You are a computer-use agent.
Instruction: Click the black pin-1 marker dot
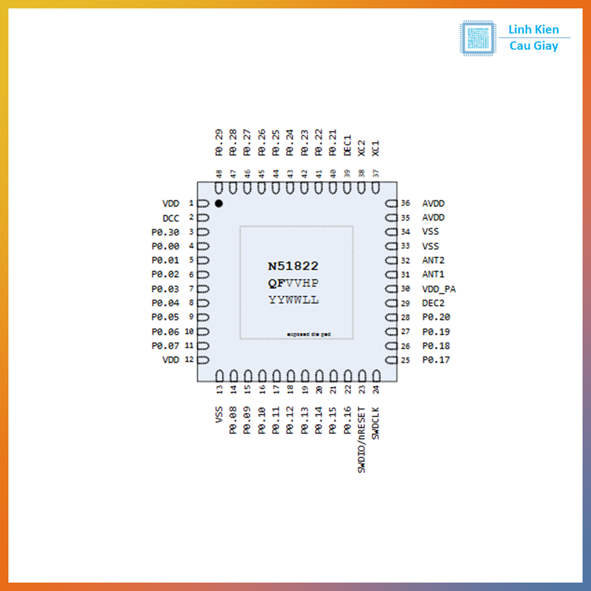coord(219,203)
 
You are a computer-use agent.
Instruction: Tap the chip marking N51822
coord(293,266)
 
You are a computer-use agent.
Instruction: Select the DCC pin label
coord(171,218)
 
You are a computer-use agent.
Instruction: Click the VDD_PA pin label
coord(439,289)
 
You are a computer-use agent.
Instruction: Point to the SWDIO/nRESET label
coord(362,440)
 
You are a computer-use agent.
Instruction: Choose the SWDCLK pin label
coord(376,423)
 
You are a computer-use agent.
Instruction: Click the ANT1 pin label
coord(433,275)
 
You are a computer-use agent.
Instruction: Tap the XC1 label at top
coord(376,148)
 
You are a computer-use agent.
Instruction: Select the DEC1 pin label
coord(347,145)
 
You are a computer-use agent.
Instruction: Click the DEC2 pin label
coord(433,303)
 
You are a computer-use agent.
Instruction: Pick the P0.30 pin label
coord(165,232)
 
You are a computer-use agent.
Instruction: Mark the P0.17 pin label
coord(436,360)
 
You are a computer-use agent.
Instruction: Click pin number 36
coord(406,203)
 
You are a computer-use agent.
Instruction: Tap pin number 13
coord(219,390)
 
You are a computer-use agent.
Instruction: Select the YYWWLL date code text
coord(293,300)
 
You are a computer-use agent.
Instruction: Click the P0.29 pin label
coord(219,143)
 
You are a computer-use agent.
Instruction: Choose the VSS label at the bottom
coord(219,414)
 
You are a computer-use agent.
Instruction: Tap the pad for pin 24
coord(376,375)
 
